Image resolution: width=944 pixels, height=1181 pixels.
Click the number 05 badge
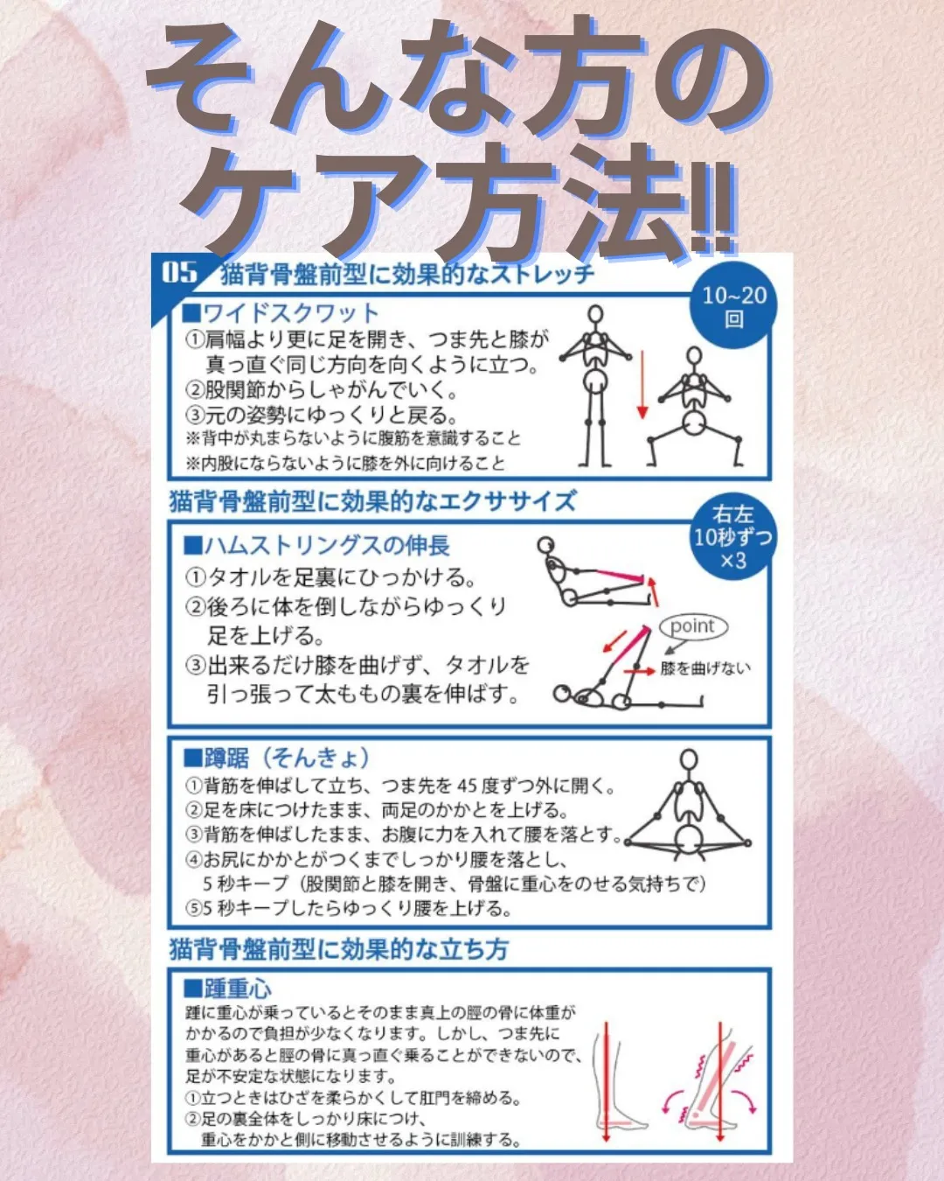point(180,272)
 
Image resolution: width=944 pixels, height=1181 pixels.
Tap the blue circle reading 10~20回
point(734,305)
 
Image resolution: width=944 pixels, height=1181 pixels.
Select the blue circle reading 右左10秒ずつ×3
point(732,537)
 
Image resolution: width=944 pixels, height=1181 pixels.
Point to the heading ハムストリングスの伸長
point(316,546)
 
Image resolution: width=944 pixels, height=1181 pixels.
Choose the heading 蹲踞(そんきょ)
point(277,758)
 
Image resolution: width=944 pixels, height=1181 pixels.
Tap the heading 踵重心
point(228,989)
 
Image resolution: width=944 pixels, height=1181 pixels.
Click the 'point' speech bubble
point(693,626)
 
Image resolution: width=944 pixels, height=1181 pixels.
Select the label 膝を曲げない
point(705,668)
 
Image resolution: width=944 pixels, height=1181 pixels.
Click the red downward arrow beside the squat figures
point(642,383)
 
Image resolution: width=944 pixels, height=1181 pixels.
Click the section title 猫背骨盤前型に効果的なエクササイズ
point(373,501)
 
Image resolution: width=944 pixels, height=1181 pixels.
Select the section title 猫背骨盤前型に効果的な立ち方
point(338,949)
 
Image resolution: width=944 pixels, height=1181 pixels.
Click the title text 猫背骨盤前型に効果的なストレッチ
point(407,275)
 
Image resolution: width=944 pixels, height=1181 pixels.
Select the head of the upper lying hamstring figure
point(546,546)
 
